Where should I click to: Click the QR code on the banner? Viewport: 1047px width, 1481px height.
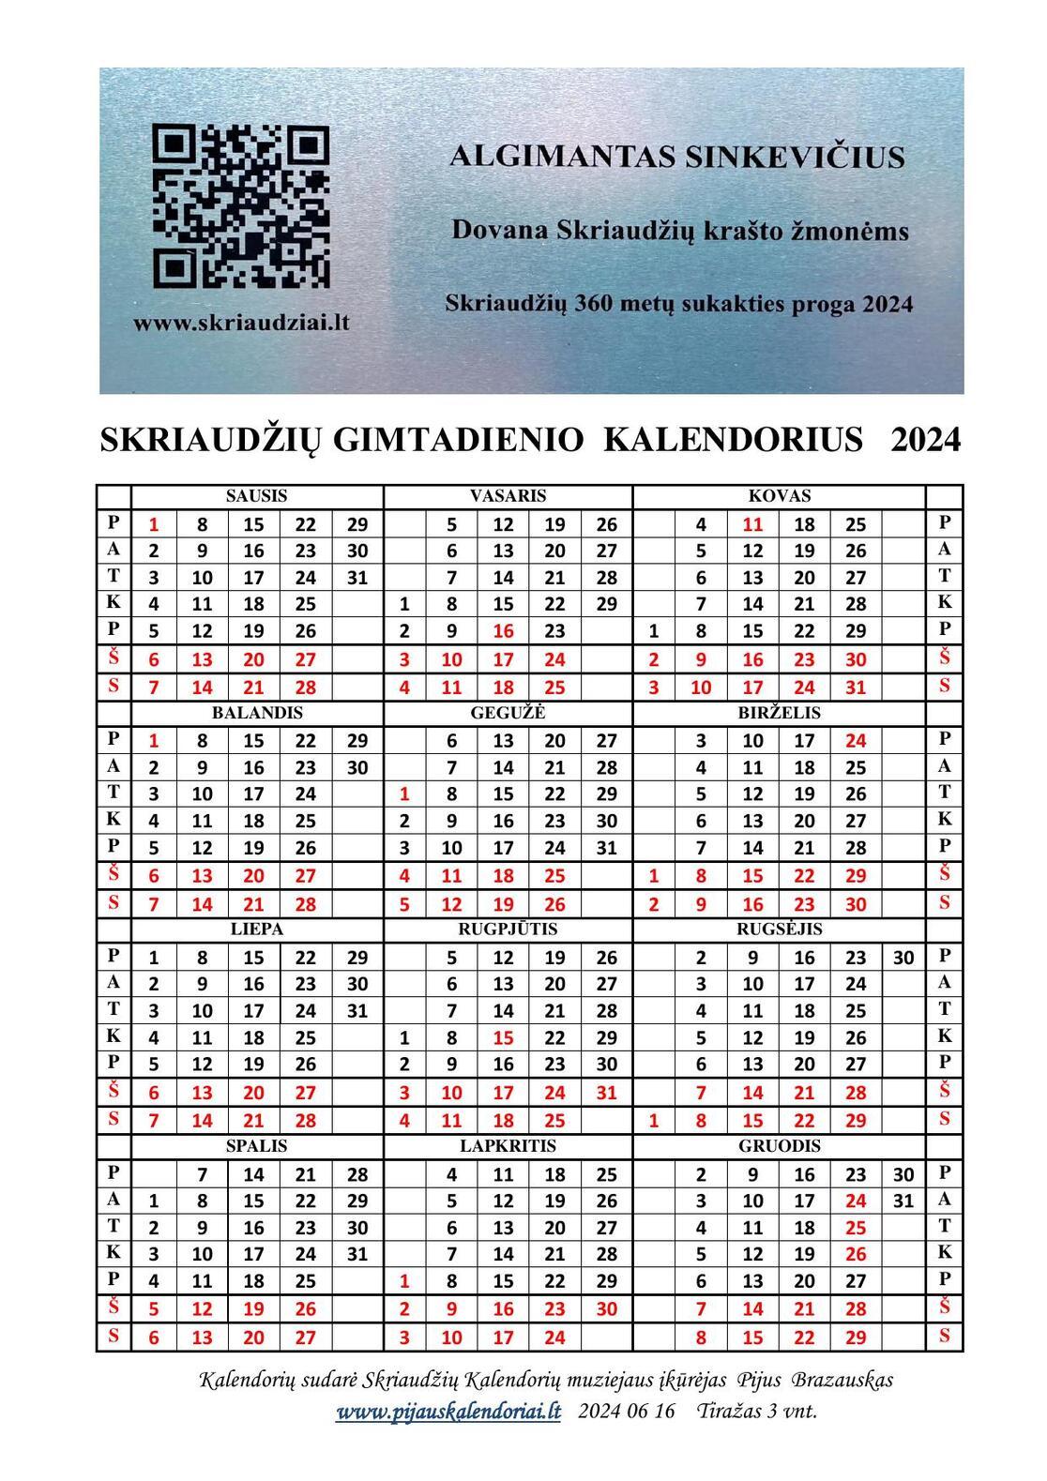tap(241, 207)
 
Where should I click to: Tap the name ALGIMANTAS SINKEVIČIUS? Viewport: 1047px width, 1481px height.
tap(676, 156)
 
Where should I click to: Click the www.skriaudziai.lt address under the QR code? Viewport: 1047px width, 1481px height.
tap(241, 323)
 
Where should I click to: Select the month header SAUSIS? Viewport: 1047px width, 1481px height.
tap(256, 496)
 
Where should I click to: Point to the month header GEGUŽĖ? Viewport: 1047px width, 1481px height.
tap(508, 713)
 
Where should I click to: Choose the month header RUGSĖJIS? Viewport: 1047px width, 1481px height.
tap(779, 929)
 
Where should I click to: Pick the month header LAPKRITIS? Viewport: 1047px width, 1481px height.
tap(508, 1146)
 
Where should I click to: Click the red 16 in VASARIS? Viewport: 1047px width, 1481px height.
tap(503, 631)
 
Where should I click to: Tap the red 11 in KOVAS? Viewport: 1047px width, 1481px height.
tap(752, 524)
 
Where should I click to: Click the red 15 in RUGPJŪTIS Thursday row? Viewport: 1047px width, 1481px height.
tap(503, 1038)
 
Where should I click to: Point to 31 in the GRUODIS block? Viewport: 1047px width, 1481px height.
tap(903, 1200)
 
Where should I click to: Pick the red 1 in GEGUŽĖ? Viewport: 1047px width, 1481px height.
tap(404, 794)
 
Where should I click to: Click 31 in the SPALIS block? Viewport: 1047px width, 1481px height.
tap(357, 1253)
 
